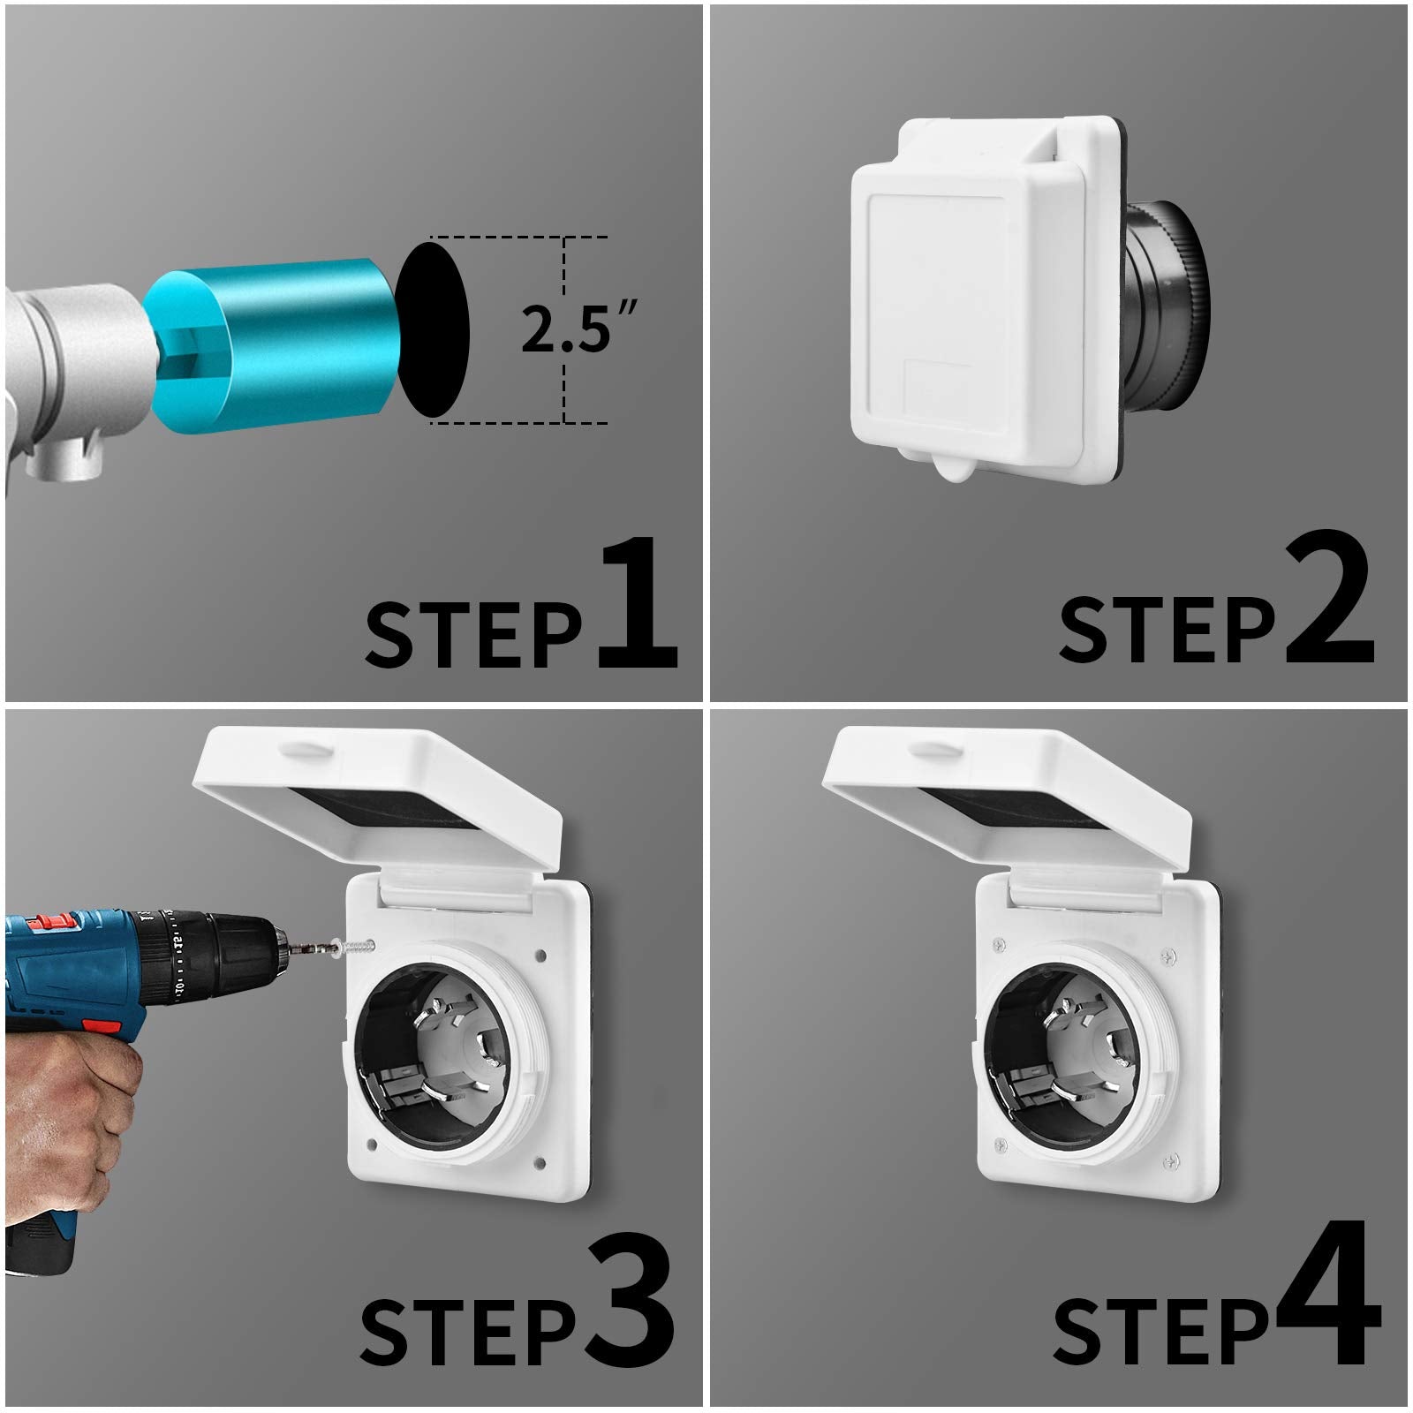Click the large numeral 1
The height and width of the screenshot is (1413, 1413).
pos(638,605)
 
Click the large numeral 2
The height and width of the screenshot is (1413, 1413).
pos(1329,605)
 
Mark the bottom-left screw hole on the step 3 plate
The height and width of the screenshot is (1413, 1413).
pos(370,1146)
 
